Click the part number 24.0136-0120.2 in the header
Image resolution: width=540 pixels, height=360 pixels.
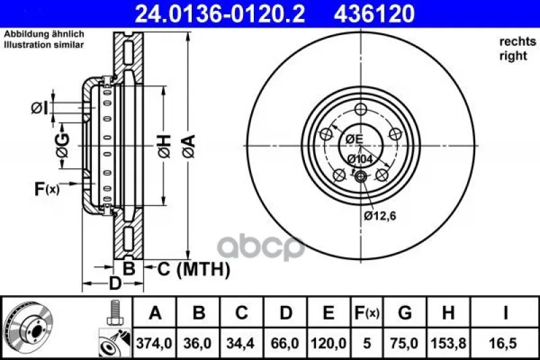(x=220, y=14)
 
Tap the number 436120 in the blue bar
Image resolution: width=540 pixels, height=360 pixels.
(x=374, y=14)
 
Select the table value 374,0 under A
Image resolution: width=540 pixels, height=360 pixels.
(x=155, y=344)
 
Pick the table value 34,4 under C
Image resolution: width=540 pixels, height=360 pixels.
(x=240, y=344)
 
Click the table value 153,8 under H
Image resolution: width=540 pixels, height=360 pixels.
(x=448, y=344)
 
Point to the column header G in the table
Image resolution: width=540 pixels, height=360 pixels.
(x=404, y=313)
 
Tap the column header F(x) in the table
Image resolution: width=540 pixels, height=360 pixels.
(x=367, y=313)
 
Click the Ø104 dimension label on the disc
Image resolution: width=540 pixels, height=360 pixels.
(x=360, y=159)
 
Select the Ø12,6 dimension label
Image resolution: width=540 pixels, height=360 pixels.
(x=380, y=216)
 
